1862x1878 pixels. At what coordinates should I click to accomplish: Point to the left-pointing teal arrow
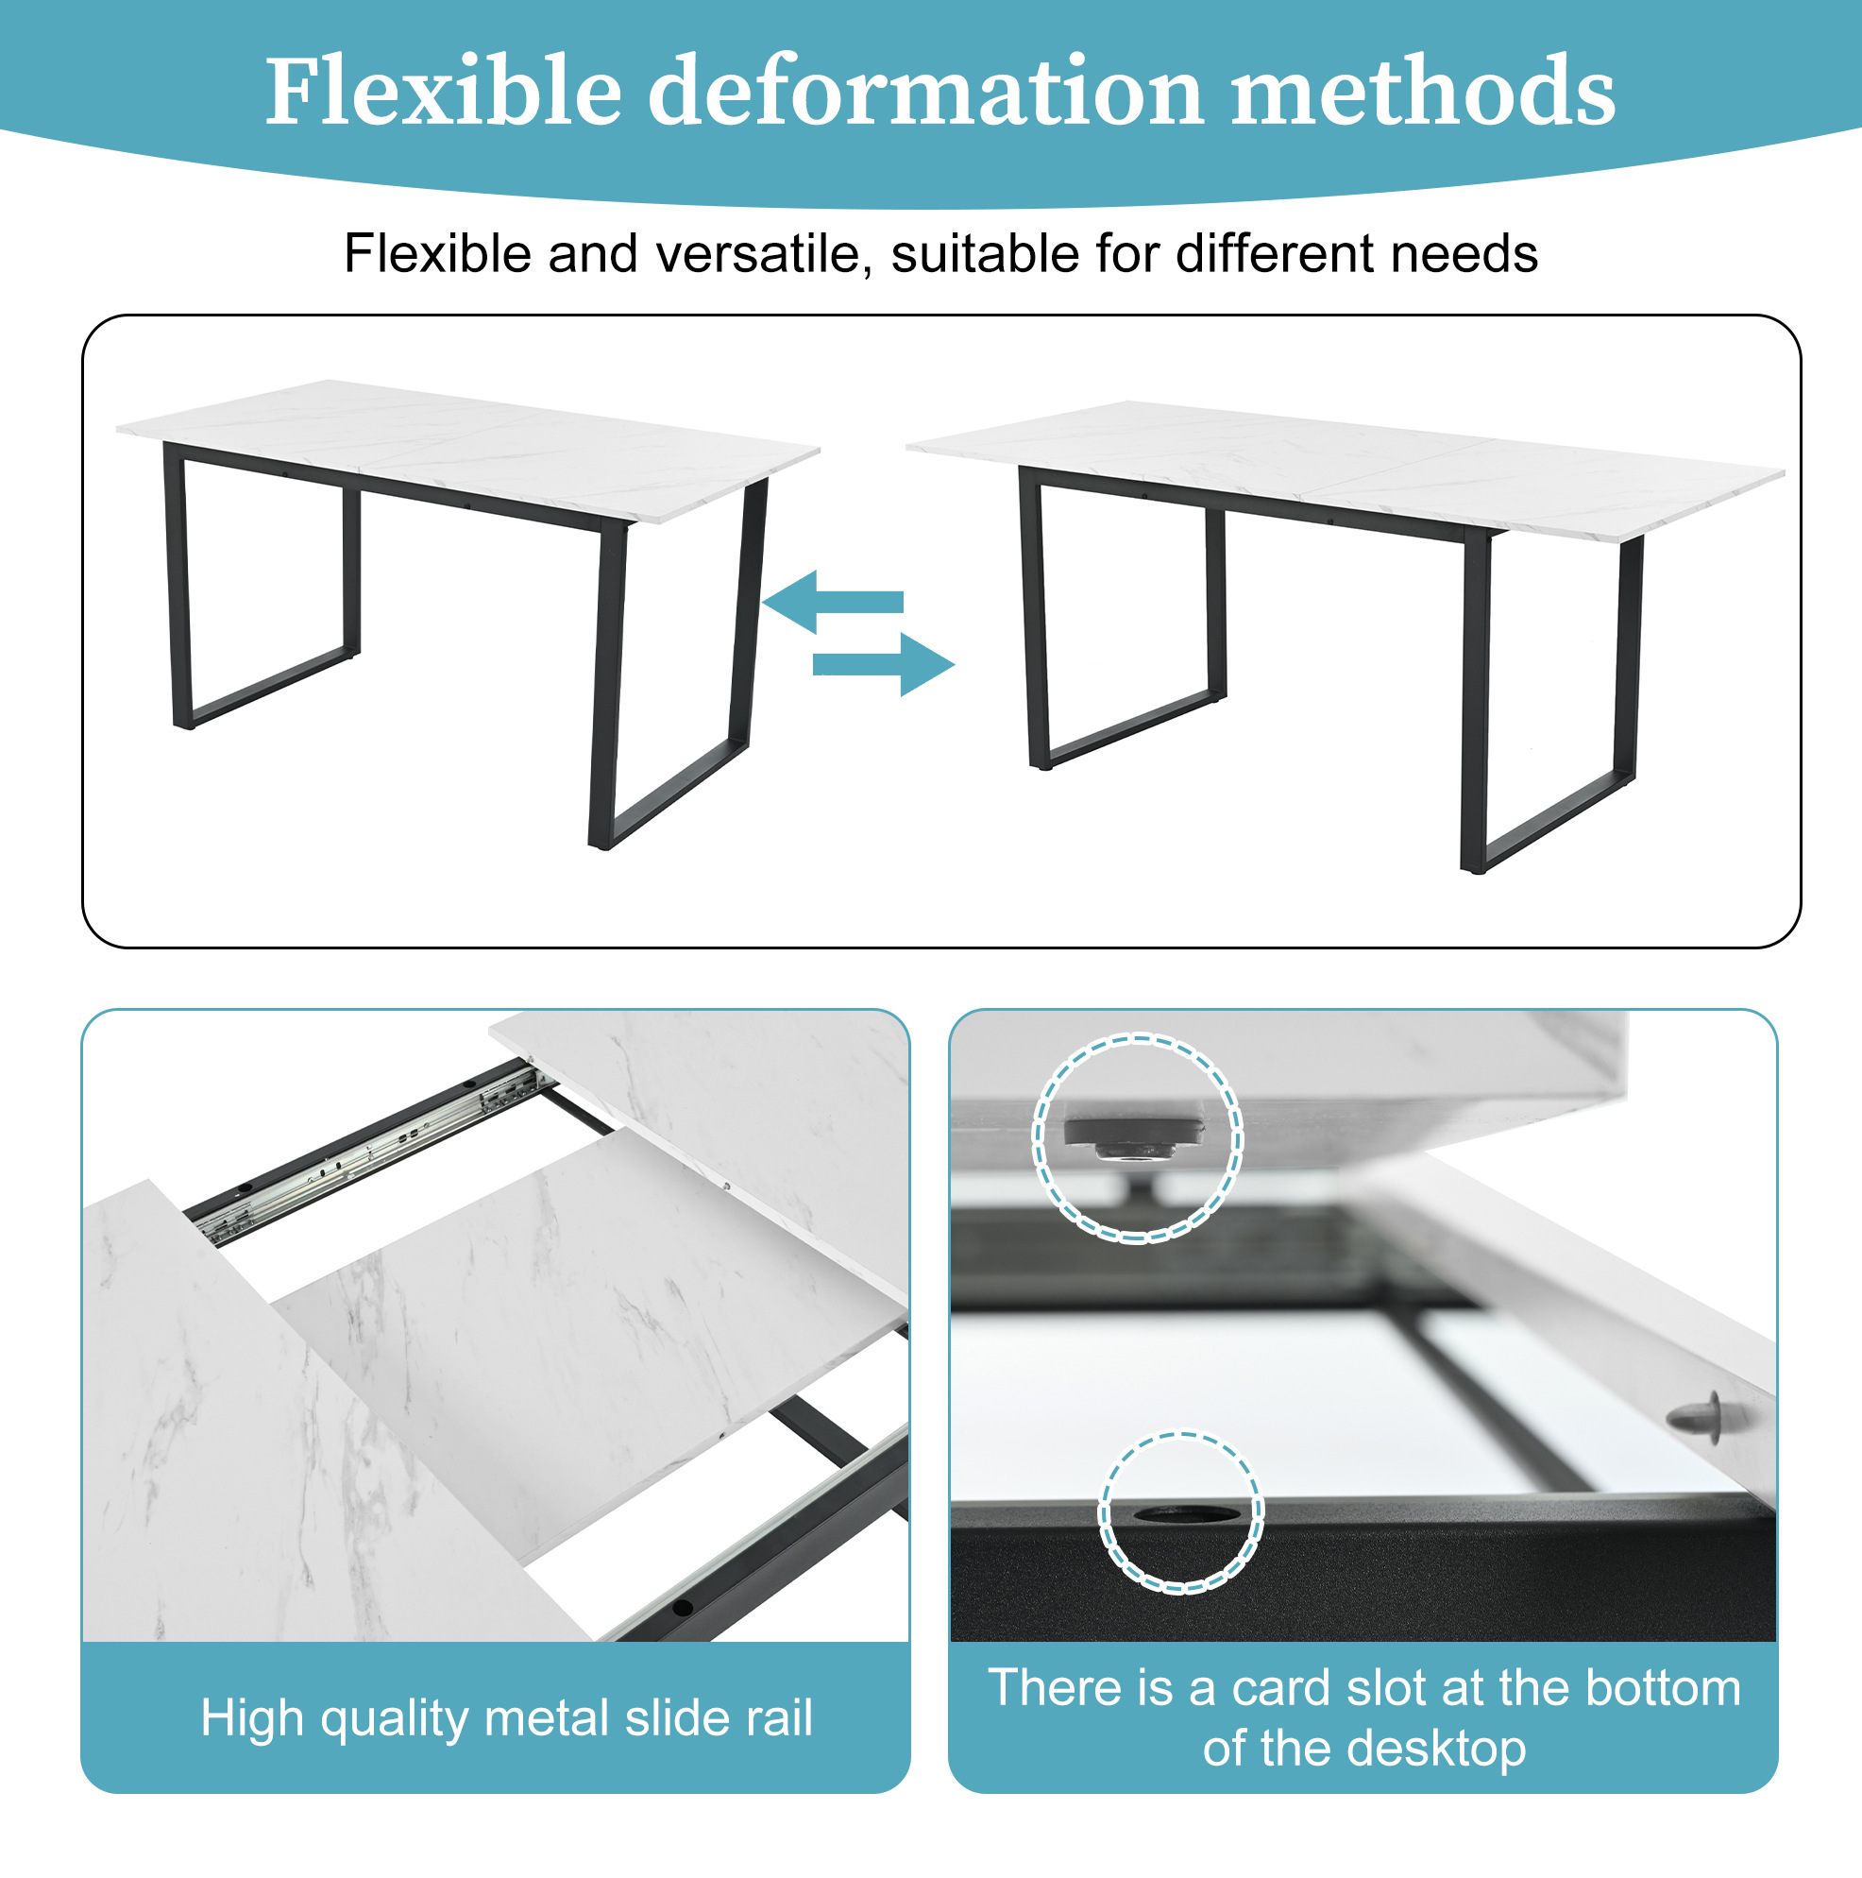click(833, 602)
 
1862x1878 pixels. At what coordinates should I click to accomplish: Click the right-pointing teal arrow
click(884, 664)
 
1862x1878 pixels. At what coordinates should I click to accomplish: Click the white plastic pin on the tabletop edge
click(1701, 1418)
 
